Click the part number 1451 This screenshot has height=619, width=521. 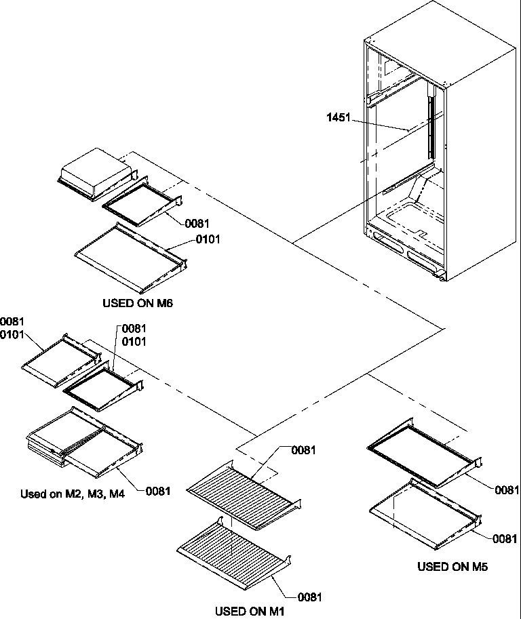(339, 117)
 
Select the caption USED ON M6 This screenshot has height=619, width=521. (138, 303)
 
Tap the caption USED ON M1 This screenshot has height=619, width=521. (250, 611)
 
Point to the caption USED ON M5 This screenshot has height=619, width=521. (452, 566)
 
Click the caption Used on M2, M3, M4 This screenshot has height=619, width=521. (73, 494)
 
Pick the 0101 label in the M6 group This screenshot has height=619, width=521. (208, 239)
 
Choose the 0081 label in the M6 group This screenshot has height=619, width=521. (197, 223)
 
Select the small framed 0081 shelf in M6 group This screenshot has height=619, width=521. (140, 205)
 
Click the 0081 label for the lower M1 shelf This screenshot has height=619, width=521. (309, 597)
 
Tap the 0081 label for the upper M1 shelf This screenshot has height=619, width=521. (304, 450)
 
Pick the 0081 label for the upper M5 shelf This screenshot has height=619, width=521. (507, 490)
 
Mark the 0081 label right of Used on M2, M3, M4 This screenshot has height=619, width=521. (157, 491)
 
